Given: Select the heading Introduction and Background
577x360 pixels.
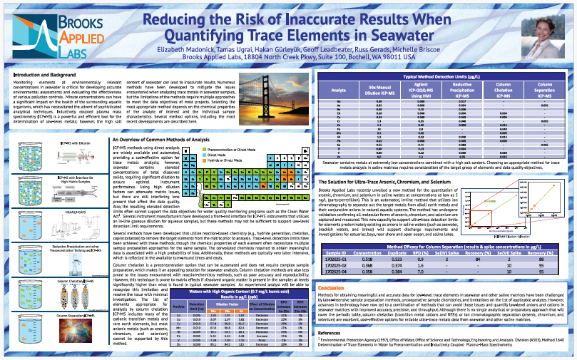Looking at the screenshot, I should (x=45, y=74).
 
